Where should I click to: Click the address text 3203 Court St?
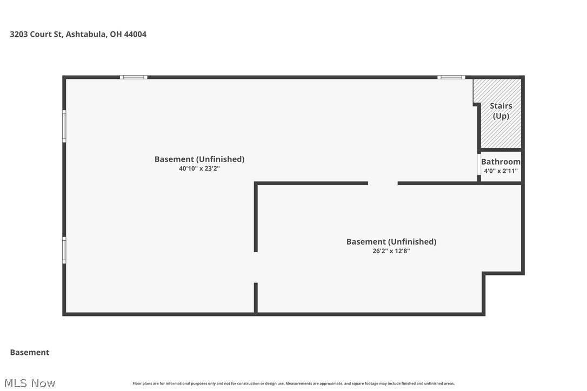click(37, 34)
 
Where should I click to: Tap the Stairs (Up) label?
click(501, 111)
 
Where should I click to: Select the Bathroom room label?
click(501, 161)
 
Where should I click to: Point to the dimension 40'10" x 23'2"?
click(199, 168)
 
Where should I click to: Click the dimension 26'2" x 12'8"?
click(391, 251)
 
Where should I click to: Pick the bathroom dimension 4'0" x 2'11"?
click(501, 171)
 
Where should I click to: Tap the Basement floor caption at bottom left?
click(30, 352)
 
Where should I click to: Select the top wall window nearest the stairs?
click(451, 77)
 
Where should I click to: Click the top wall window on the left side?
click(134, 77)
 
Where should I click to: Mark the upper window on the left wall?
click(64, 126)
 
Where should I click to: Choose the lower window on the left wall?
click(64, 251)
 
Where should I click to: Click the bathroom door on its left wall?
click(479, 165)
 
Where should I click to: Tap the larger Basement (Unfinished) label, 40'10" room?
click(199, 159)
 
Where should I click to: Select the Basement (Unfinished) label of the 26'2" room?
click(391, 241)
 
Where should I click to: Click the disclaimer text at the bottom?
click(293, 383)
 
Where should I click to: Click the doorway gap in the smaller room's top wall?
click(383, 184)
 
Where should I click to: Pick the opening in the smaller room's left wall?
click(256, 267)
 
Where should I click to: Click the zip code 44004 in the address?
click(135, 34)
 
